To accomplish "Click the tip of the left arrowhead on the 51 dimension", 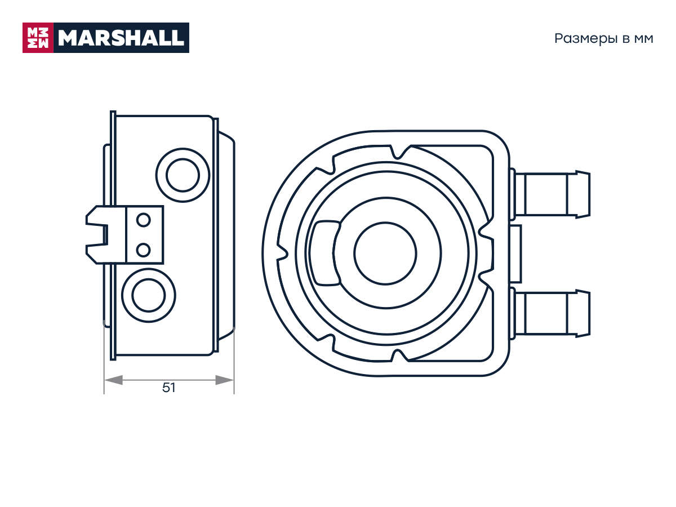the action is click(x=105, y=380).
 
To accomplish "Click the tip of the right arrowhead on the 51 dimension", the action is click(x=234, y=380).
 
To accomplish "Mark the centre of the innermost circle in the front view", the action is click(x=385, y=253).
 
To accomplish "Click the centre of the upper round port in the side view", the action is click(x=183, y=175).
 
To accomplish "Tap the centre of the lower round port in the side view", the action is click(x=149, y=296).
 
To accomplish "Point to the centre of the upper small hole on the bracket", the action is click(x=143, y=220).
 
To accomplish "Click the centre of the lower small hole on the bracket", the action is click(x=143, y=250).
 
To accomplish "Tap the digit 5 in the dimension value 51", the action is click(x=166, y=388).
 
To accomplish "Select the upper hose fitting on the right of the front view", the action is click(x=550, y=194).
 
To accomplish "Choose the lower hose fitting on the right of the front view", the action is click(x=550, y=314).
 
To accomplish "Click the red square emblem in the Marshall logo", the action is click(x=38, y=38).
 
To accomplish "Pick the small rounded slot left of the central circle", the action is click(x=326, y=253).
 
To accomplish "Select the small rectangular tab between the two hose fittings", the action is click(x=515, y=254).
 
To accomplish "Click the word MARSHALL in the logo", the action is click(x=121, y=38).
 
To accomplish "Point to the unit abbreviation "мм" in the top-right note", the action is click(x=643, y=39).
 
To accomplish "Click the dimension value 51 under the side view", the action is click(x=169, y=388).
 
